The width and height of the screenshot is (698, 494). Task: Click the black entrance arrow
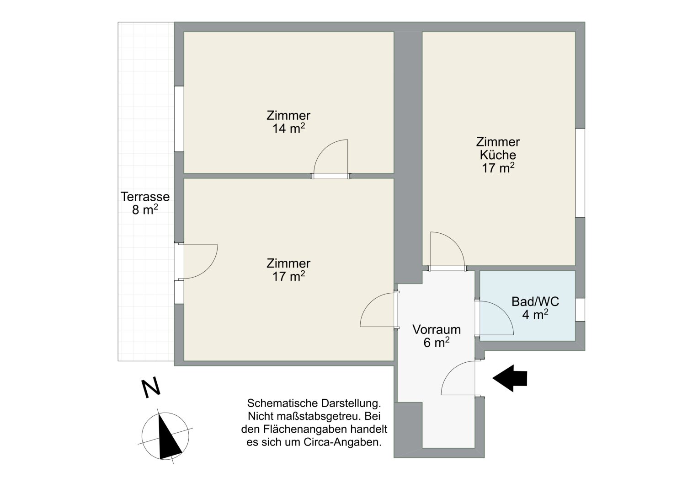(x=510, y=378)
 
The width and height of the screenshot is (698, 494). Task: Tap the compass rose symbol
(x=165, y=436)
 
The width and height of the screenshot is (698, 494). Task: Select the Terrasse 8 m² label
(x=145, y=203)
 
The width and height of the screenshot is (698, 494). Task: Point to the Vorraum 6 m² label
(x=436, y=336)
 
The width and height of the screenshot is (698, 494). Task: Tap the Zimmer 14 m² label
(x=288, y=122)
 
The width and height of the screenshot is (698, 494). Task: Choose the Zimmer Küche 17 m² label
(x=498, y=155)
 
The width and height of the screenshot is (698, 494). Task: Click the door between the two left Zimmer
(x=330, y=159)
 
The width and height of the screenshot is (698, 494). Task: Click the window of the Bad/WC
(x=580, y=309)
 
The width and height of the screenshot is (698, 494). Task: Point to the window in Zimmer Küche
(x=580, y=173)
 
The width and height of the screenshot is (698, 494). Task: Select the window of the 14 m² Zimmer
(x=179, y=119)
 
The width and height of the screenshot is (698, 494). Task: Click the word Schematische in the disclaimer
(x=283, y=403)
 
